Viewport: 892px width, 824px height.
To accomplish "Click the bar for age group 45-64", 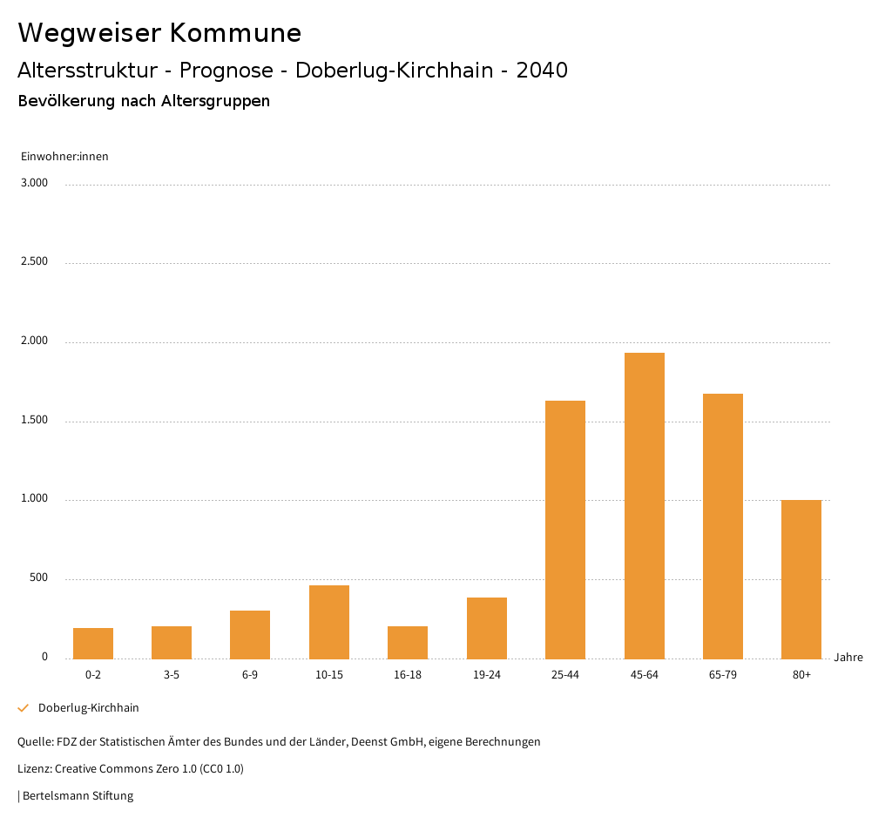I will coord(644,505).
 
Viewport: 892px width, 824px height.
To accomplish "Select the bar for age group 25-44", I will coord(565,530).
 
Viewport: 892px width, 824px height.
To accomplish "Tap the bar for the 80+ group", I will coord(801,579).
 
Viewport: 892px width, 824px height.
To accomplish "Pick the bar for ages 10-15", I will coord(329,622).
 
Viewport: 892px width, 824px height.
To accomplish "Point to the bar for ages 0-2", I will coord(93,643).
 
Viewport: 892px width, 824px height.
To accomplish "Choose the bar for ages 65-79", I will coord(723,526).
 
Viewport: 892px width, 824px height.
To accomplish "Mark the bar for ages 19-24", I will coord(487,628).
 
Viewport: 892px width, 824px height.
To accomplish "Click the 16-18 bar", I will coord(408,642).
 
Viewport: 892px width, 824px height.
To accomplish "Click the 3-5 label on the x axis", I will coord(172,675).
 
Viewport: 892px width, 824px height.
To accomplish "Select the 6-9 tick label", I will coord(250,675).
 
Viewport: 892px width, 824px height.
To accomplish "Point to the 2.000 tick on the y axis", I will coord(35,341).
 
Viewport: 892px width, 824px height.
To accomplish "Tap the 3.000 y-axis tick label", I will coord(35,183).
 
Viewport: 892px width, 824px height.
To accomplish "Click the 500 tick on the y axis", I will coord(39,578).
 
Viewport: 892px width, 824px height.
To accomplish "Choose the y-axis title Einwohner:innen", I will coord(64,157).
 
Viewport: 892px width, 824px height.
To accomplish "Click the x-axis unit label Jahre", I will coord(848,658).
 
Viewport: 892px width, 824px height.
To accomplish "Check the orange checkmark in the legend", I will coord(24,708).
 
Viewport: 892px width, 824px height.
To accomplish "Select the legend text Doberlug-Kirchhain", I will coord(89,708).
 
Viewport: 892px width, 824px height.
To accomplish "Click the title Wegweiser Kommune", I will coord(159,33).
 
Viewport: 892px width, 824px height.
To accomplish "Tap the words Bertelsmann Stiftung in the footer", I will coord(78,795).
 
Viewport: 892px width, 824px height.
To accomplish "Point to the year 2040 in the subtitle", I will coord(542,71).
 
